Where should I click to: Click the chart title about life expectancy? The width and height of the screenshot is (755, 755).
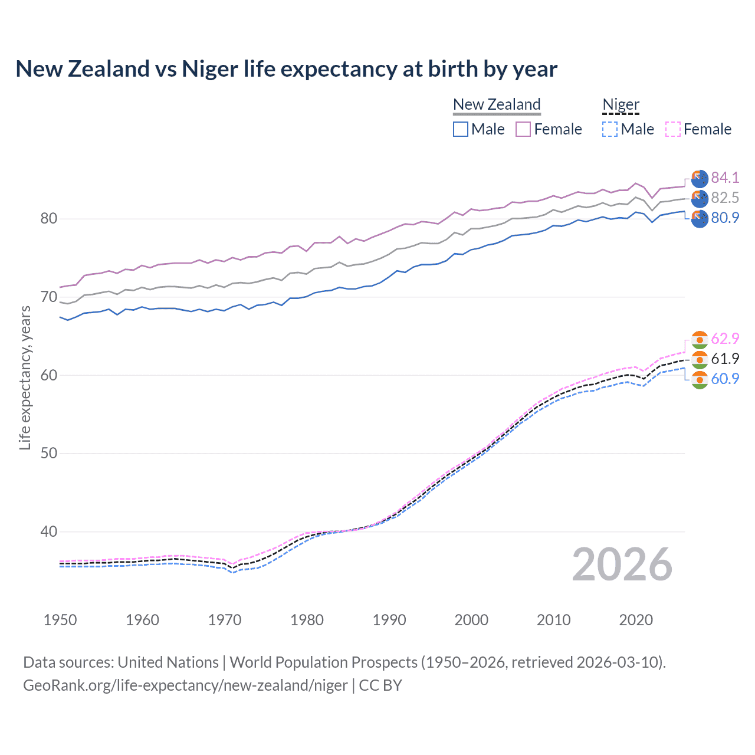pos(286,69)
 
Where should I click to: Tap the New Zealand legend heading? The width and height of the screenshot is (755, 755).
pos(497,104)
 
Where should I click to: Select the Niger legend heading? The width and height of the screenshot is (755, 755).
pos(621,104)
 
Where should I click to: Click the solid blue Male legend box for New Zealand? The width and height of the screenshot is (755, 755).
pos(461,129)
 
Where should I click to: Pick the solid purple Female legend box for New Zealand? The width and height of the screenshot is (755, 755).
pos(523,129)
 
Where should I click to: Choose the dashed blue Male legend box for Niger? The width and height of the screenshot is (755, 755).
pos(610,129)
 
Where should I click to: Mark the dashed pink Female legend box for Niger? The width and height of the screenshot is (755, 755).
pos(673,129)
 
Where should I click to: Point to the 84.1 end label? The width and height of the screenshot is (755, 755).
pos(725,178)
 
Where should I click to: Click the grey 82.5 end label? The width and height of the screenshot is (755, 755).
pos(725,198)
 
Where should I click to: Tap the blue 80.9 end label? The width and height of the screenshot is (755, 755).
pos(725,218)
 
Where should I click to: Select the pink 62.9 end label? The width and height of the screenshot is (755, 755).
pos(725,339)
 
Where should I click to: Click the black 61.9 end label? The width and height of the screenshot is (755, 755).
pos(725,359)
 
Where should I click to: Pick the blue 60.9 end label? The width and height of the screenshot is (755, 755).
pos(725,379)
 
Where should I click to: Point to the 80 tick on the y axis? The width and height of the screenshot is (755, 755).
pos(49,219)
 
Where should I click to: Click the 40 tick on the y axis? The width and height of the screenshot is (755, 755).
pos(49,531)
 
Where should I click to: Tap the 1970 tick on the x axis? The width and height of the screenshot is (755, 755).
pos(225,620)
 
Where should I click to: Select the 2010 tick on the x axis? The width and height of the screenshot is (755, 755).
pos(553,620)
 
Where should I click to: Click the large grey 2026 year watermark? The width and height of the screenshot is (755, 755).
pos(622,564)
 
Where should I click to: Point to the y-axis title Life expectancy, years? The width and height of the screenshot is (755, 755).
pos(25,377)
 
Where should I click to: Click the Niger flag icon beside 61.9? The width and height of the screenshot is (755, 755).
pos(700,359)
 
